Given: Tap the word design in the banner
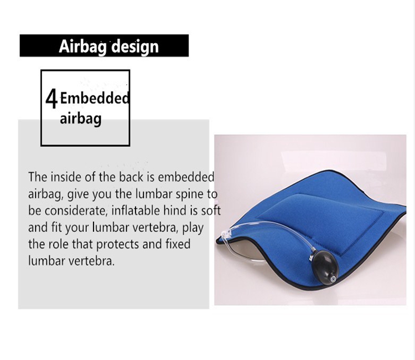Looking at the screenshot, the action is [x=135, y=46].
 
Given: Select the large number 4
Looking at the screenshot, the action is [x=51, y=99].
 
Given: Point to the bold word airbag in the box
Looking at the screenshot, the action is [x=81, y=118].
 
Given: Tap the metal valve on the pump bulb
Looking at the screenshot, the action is [x=333, y=279].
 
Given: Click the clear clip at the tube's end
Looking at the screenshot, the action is [x=226, y=234].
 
